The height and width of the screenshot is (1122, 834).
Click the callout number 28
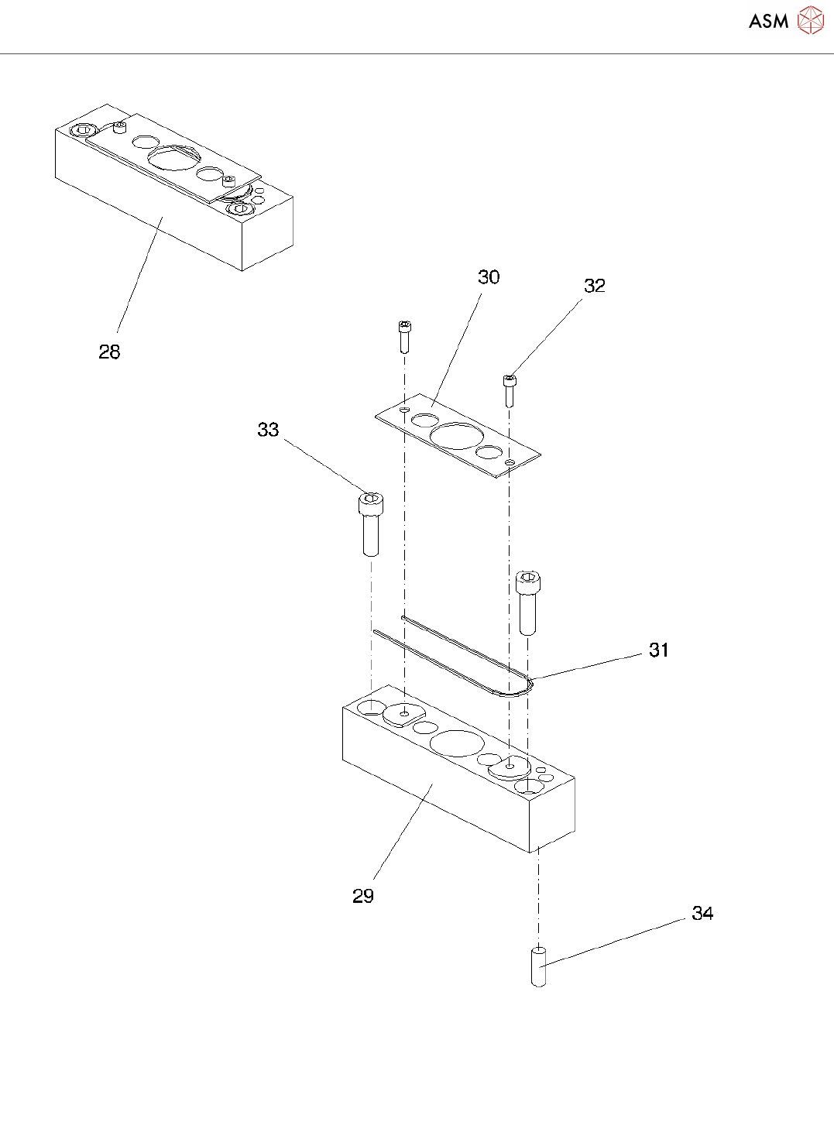tap(109, 352)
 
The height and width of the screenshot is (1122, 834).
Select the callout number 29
tap(363, 896)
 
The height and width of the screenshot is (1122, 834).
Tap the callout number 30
tap(489, 277)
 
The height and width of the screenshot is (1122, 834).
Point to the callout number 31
tap(658, 650)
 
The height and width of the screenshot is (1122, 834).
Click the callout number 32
tap(594, 286)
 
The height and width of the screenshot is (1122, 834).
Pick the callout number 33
tap(268, 430)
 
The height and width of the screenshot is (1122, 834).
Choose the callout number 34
tap(702, 914)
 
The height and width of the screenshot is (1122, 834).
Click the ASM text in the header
tap(768, 22)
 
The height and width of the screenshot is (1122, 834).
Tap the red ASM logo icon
tap(810, 21)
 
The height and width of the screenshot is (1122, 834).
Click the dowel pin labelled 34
tap(539, 966)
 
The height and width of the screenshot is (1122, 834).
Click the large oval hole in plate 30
tap(457, 435)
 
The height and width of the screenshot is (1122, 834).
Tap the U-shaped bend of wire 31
tap(527, 685)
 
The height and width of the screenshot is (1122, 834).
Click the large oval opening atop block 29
tap(457, 743)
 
